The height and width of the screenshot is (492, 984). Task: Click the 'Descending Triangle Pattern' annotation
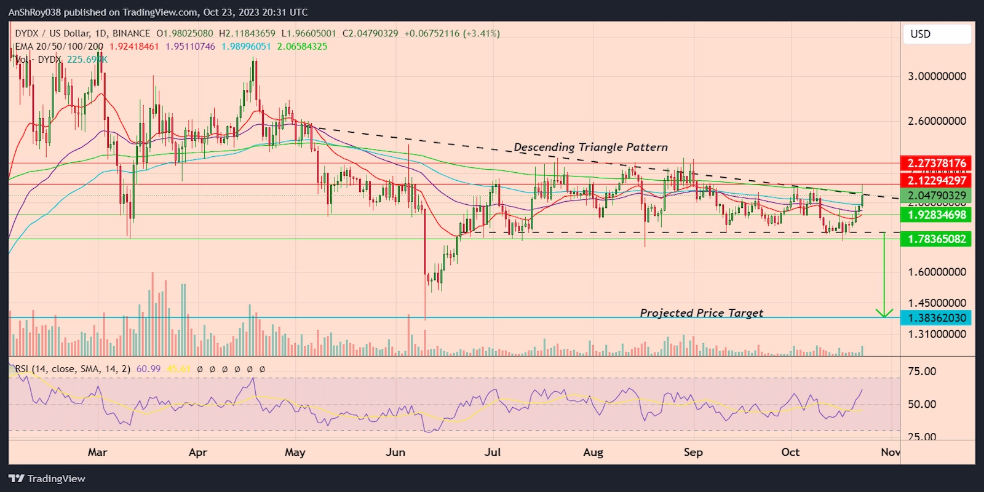click(590, 147)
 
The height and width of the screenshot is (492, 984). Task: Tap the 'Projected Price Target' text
click(701, 313)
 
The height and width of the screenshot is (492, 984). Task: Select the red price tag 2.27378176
click(936, 163)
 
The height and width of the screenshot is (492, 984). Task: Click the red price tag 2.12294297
click(936, 180)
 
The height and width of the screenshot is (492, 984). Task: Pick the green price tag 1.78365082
click(936, 239)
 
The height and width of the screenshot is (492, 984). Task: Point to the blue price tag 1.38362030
click(936, 318)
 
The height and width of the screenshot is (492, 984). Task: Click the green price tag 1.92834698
click(936, 215)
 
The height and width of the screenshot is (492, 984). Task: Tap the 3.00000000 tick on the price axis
click(937, 76)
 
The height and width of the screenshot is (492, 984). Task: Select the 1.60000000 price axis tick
click(937, 272)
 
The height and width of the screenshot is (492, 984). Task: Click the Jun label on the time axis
click(395, 452)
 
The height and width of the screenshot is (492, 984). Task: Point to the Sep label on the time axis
click(693, 452)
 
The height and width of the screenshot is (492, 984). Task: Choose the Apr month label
click(197, 452)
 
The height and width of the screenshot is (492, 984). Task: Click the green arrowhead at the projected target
click(884, 314)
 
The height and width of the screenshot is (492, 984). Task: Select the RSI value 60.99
click(148, 369)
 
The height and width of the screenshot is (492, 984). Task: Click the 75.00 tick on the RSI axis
click(922, 371)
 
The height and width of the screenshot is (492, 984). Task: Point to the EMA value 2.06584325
click(302, 46)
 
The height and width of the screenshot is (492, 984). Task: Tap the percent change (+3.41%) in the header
click(482, 33)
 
